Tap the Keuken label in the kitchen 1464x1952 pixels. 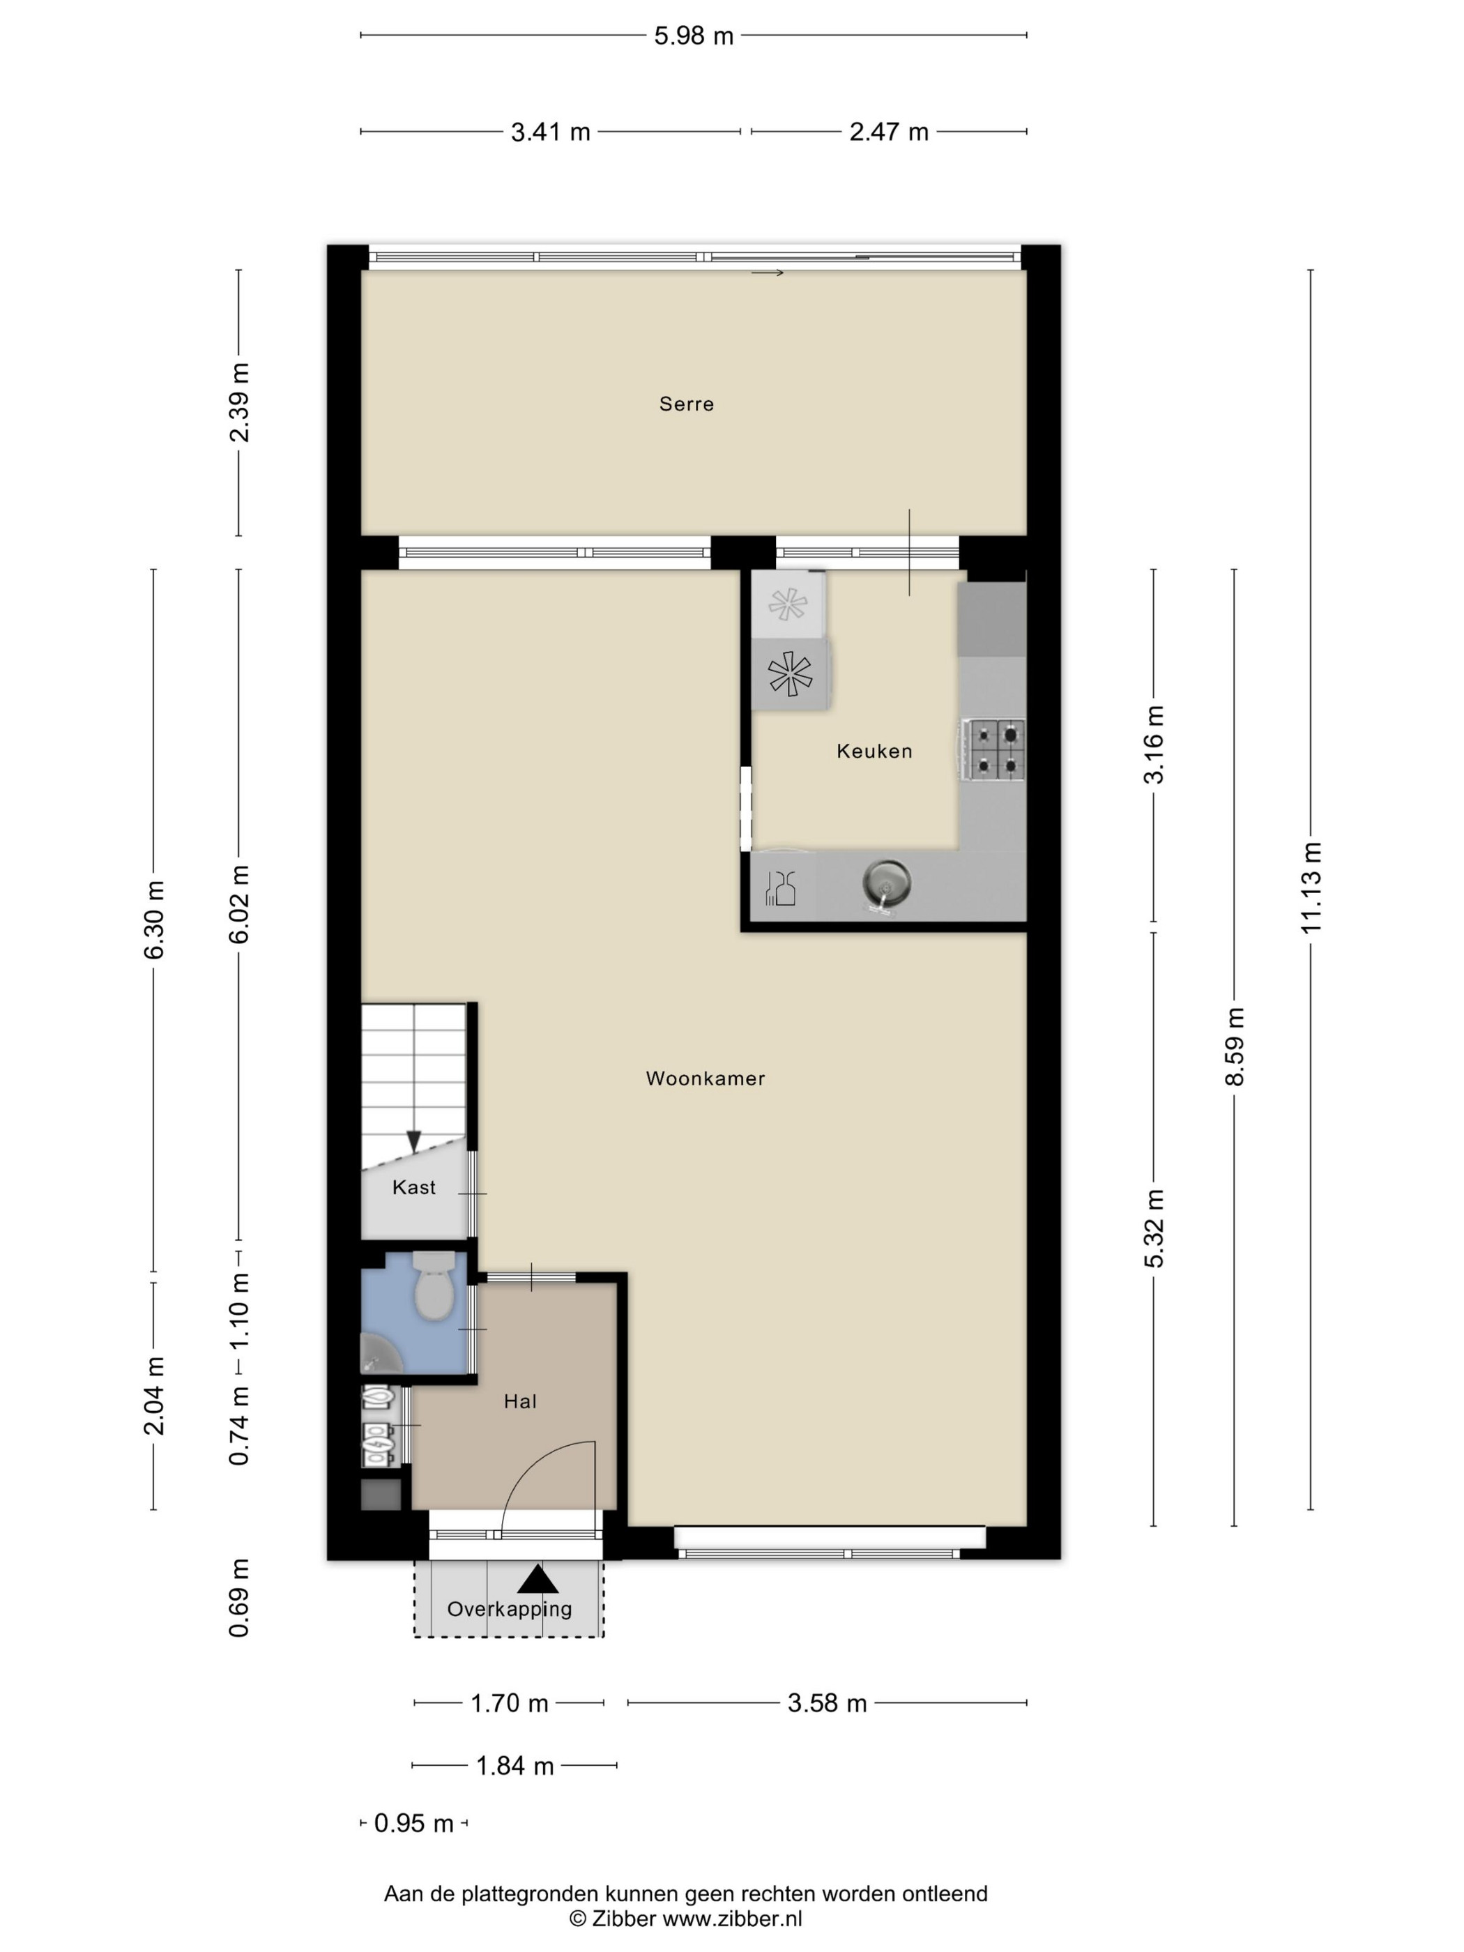874,751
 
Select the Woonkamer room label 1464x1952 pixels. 705,1078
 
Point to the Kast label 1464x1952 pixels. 414,1187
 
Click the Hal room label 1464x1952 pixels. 520,1401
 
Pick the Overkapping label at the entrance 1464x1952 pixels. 509,1609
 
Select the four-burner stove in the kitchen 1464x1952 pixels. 995,749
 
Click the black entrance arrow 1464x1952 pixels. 535,1577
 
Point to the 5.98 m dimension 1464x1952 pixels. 694,36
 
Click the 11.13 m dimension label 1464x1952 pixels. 1311,887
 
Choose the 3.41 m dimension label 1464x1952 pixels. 551,132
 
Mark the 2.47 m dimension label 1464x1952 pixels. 889,132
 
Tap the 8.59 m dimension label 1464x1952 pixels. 1235,1046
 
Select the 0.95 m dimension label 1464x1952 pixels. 414,1823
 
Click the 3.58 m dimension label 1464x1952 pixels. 827,1703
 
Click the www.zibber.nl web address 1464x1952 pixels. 733,1918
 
